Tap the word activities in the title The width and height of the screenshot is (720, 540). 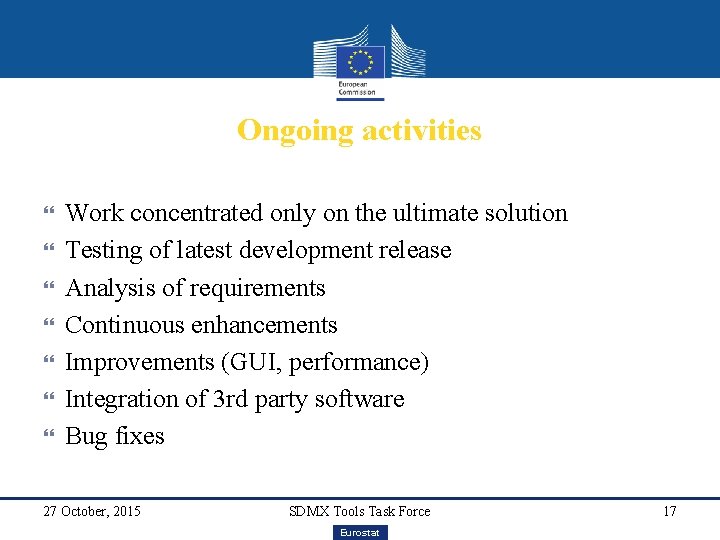421,131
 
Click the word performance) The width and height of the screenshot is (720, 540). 358,362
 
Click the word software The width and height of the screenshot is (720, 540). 359,399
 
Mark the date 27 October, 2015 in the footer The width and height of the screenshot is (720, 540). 92,512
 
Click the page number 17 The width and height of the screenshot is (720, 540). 669,512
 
